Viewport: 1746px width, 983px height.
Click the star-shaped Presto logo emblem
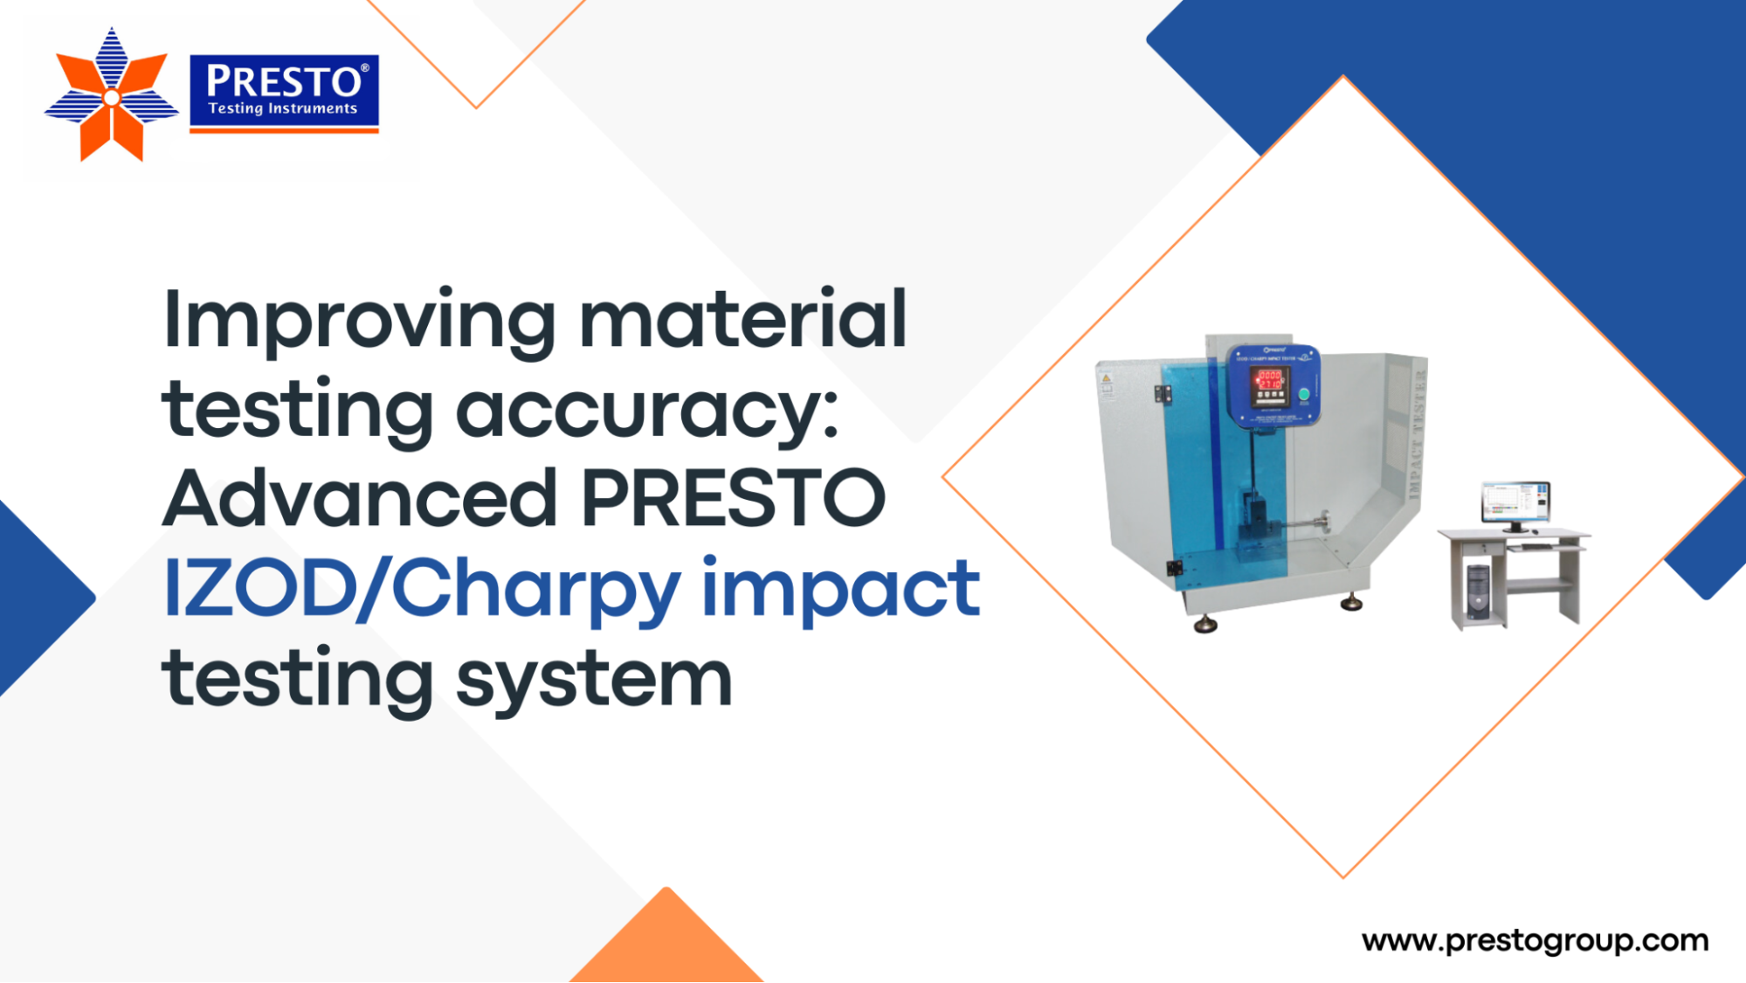coord(111,96)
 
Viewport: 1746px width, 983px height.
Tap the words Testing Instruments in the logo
coord(283,109)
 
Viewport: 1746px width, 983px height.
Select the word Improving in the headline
coord(359,322)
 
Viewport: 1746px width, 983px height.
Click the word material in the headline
coord(743,320)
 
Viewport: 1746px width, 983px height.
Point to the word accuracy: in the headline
coord(647,411)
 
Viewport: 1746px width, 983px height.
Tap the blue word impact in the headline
coord(840,590)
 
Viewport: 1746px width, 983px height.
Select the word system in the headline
coord(594,680)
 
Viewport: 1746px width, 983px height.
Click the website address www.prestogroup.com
coord(1535,941)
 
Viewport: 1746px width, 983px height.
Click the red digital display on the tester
coord(1269,380)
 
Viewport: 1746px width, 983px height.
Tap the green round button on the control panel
coord(1304,395)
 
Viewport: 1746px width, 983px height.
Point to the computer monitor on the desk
coord(1515,503)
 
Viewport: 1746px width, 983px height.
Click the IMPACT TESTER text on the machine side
coord(1417,434)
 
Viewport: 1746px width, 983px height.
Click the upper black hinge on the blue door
coord(1163,394)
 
